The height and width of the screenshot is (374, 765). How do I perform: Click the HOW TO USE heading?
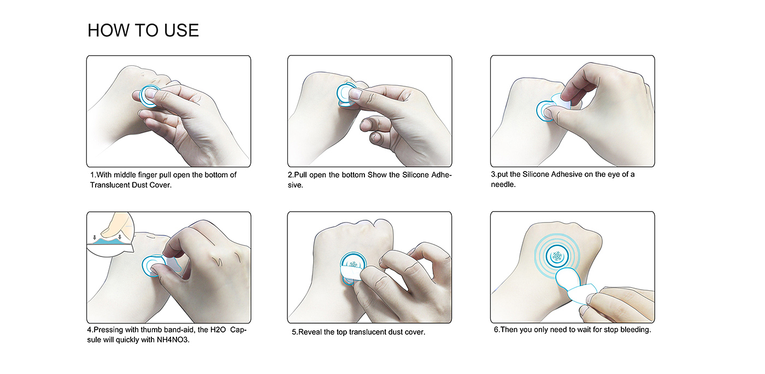tap(143, 30)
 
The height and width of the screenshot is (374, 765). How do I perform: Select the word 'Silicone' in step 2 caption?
tap(415, 174)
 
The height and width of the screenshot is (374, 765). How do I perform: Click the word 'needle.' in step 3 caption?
tap(503, 185)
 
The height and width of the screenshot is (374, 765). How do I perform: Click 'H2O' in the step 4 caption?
tap(218, 330)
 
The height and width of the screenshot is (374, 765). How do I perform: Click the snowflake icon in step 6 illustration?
tap(557, 256)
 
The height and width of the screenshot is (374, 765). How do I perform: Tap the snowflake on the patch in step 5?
tap(353, 264)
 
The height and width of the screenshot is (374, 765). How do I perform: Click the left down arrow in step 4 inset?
tap(95, 237)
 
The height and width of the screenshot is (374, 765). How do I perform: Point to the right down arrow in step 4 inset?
tap(120, 237)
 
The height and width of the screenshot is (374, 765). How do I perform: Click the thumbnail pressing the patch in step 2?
tap(355, 93)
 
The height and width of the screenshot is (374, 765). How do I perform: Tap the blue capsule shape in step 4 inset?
tap(108, 241)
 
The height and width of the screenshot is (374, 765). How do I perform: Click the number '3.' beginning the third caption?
tap(494, 174)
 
